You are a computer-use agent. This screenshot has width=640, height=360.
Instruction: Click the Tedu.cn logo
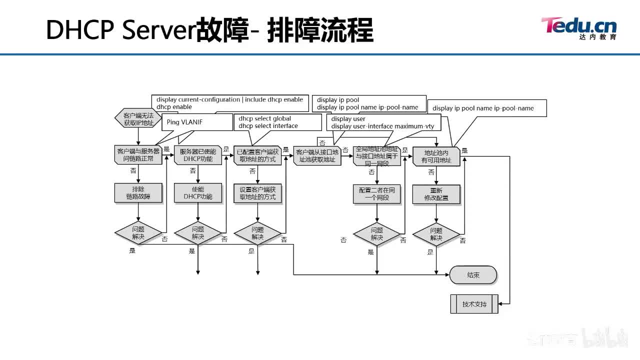click(x=578, y=27)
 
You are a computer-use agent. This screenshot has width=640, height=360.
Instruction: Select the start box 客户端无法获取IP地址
click(x=138, y=118)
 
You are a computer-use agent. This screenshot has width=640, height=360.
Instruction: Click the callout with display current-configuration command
click(x=229, y=103)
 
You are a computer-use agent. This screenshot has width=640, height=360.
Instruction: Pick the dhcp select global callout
click(x=277, y=122)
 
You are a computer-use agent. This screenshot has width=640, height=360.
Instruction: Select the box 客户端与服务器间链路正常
click(x=138, y=155)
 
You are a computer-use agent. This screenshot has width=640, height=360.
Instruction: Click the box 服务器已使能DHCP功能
click(x=198, y=155)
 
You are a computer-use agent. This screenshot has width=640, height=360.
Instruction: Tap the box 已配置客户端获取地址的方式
click(x=257, y=155)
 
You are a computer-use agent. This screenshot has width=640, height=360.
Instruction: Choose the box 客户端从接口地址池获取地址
click(x=317, y=155)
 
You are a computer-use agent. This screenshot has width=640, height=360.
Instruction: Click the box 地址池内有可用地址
click(x=436, y=156)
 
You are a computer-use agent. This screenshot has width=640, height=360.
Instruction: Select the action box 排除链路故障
click(x=138, y=193)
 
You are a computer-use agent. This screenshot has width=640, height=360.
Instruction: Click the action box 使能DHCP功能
click(x=198, y=193)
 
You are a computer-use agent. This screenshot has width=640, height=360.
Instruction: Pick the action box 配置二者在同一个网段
click(x=377, y=194)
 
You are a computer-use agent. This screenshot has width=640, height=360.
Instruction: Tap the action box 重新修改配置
click(x=436, y=194)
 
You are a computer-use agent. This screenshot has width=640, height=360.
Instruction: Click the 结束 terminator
click(x=473, y=275)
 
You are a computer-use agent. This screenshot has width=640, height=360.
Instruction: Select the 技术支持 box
click(x=474, y=304)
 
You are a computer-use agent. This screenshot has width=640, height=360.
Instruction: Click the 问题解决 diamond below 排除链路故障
click(x=138, y=233)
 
